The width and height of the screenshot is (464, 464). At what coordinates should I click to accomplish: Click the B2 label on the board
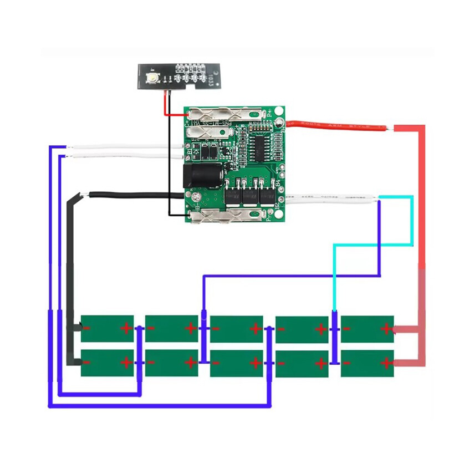click(x=277, y=206)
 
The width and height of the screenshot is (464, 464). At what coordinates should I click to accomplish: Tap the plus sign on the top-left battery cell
click(x=126, y=328)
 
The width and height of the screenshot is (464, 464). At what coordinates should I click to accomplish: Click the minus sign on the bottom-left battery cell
click(x=88, y=363)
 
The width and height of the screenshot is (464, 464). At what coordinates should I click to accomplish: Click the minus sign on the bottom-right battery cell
click(x=347, y=364)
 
